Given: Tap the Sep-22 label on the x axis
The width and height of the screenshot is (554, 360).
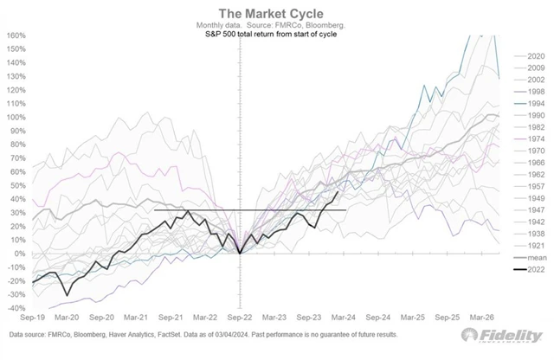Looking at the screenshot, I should (237, 318).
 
